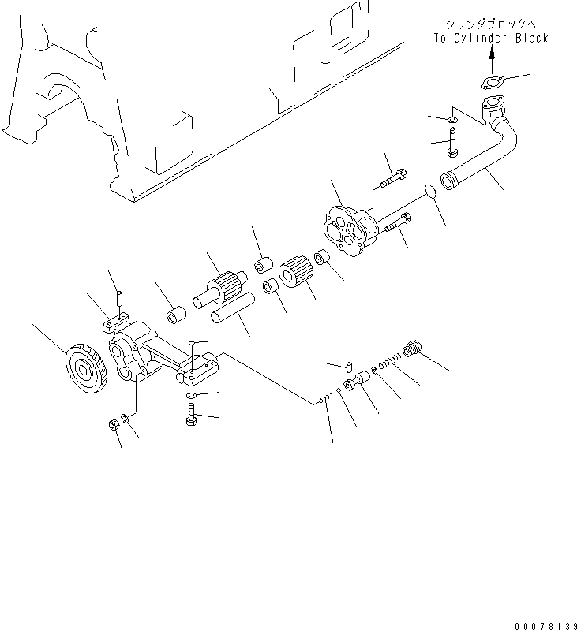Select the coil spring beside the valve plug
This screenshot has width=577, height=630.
point(389,363)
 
